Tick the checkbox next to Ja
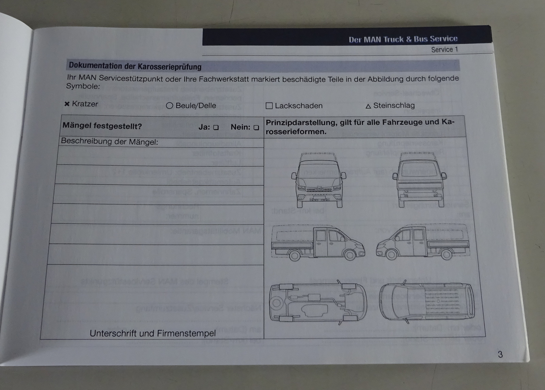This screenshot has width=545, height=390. point(216,127)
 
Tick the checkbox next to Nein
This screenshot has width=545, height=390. point(256,128)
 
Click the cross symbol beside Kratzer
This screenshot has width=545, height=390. point(67,104)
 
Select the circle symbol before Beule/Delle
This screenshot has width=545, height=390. point(170,105)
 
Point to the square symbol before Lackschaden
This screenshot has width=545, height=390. point(269,106)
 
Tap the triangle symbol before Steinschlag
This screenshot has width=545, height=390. point(368,106)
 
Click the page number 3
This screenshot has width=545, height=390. point(500,354)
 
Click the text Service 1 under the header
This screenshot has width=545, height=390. point(445,50)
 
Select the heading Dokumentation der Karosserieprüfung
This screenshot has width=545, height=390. point(135,66)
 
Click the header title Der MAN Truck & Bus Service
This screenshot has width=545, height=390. point(403,39)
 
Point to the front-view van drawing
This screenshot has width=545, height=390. point(319,180)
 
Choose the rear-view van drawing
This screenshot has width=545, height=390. point(420,179)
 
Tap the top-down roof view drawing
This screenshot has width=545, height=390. point(427,302)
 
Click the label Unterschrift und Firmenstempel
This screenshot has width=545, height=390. point(153,333)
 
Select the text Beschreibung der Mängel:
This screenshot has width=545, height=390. point(109,142)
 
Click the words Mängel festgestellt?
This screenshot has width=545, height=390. point(102,126)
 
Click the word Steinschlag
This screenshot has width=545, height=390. point(394,105)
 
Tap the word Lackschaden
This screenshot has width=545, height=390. point(298,106)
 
